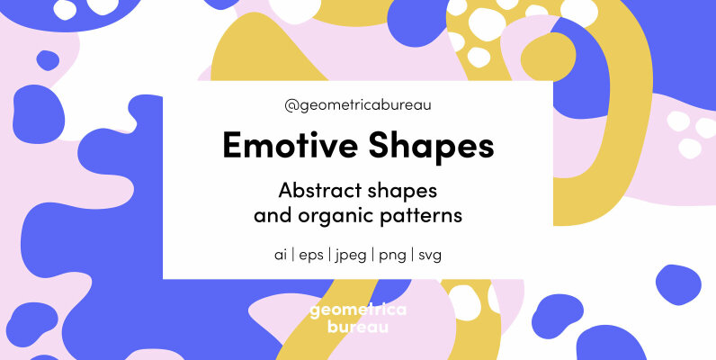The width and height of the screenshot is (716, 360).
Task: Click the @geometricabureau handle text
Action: (358, 106)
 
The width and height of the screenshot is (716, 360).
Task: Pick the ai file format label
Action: (281, 254)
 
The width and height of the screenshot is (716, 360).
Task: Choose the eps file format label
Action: (314, 255)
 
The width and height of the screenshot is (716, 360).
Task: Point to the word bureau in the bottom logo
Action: (358, 327)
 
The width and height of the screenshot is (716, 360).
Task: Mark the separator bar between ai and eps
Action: (295, 255)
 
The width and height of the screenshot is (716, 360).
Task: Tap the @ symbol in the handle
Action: (291, 106)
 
